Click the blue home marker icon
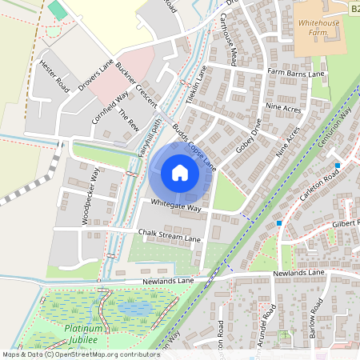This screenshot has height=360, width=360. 180,173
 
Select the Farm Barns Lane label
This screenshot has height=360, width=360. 296,74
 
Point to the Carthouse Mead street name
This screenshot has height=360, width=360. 229,39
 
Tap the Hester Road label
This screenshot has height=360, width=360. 54,75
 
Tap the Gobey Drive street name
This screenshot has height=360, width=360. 249,137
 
